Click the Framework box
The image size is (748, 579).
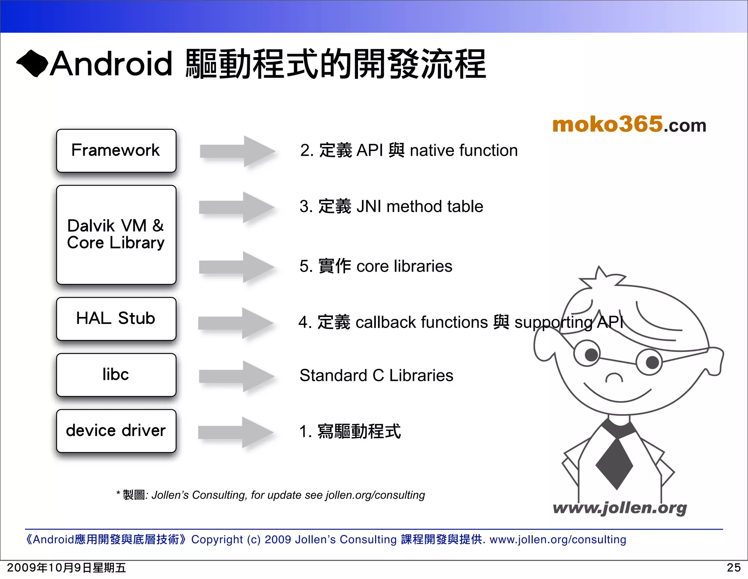(x=116, y=151)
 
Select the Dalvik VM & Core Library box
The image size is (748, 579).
(x=116, y=235)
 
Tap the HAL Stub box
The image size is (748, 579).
(x=116, y=319)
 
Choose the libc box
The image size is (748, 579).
(x=116, y=375)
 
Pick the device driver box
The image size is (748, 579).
(x=116, y=431)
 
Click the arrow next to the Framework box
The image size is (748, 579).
(x=237, y=151)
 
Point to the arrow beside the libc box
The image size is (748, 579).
(x=236, y=376)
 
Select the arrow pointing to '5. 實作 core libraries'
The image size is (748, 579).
(x=236, y=267)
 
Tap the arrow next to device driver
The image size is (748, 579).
(x=236, y=432)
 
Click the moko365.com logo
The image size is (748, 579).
(x=629, y=125)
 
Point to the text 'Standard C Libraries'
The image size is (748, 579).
(x=376, y=375)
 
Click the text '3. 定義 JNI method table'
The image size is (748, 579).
(x=391, y=206)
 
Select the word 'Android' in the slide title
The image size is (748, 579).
(x=111, y=64)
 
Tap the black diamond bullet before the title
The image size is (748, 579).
(x=32, y=63)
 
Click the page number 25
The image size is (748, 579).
(x=733, y=568)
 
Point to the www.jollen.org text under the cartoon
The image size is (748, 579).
(x=619, y=508)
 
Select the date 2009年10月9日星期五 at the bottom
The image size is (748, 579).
(x=66, y=568)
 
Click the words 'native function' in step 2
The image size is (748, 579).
(x=463, y=151)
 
